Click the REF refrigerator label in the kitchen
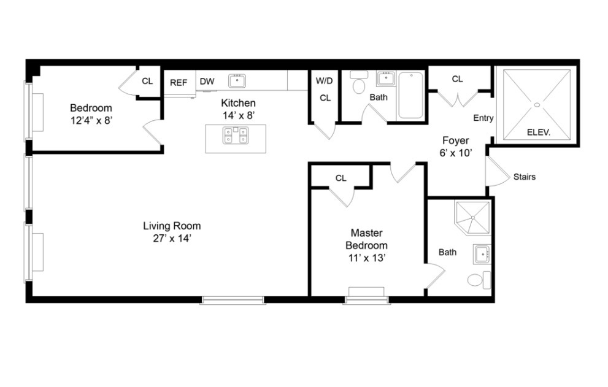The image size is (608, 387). click(x=179, y=82)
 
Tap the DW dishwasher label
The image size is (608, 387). click(x=207, y=82)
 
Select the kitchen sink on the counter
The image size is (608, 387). click(x=237, y=80)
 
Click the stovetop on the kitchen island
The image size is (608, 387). click(x=236, y=134)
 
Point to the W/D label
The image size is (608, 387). click(x=324, y=81)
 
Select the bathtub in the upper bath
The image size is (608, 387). click(x=410, y=95)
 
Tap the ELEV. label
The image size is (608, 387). click(x=539, y=132)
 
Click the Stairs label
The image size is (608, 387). click(x=525, y=177)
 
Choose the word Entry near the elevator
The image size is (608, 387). click(x=483, y=118)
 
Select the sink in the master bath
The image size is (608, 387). click(x=482, y=253)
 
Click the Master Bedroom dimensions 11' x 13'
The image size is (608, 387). click(x=366, y=258)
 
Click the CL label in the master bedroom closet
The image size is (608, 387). click(x=341, y=178)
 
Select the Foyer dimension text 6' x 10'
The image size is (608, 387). click(x=456, y=153)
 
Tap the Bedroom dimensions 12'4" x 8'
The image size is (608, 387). click(x=91, y=121)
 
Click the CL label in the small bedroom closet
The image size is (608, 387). click(x=147, y=81)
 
